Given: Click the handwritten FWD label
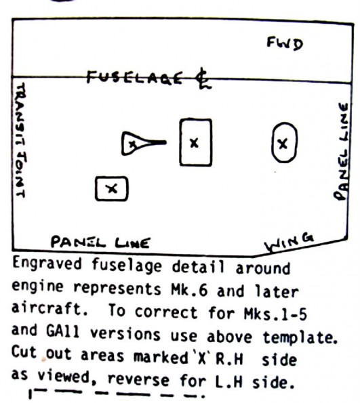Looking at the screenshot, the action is (285, 44).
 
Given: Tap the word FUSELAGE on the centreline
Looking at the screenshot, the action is (134, 77).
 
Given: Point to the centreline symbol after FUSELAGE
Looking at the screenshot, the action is (203, 79).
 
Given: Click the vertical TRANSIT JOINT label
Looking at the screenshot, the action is (20, 140).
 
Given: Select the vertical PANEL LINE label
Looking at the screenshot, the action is (342, 152).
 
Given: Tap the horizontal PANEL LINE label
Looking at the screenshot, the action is (100, 242).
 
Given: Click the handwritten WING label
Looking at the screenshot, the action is (289, 242).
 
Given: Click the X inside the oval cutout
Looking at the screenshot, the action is (283, 144).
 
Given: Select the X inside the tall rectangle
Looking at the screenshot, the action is (195, 143).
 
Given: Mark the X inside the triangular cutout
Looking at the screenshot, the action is (132, 144).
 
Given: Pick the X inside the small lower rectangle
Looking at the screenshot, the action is (112, 189).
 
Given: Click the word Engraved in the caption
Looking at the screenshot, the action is (47, 263).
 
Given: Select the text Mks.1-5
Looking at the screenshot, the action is (275, 314).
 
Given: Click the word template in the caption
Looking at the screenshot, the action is (300, 337).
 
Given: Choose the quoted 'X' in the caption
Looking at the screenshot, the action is (202, 358).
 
